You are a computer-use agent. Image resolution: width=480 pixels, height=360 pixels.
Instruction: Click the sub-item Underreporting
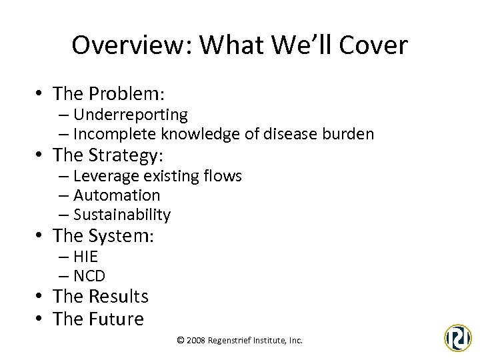point(130,115)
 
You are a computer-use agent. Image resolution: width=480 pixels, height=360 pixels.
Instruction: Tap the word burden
point(350,133)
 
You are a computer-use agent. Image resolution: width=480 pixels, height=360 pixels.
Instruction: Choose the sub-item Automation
point(117,195)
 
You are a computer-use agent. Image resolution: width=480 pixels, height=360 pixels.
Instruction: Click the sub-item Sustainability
point(122,215)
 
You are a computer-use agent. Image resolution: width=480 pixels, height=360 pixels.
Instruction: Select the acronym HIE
point(85,257)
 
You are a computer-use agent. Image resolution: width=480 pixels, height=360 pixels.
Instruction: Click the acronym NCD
point(89,275)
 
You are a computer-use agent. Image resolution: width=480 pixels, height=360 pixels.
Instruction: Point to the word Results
point(118,296)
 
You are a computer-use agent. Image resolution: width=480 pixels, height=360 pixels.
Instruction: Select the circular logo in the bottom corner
point(458,337)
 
